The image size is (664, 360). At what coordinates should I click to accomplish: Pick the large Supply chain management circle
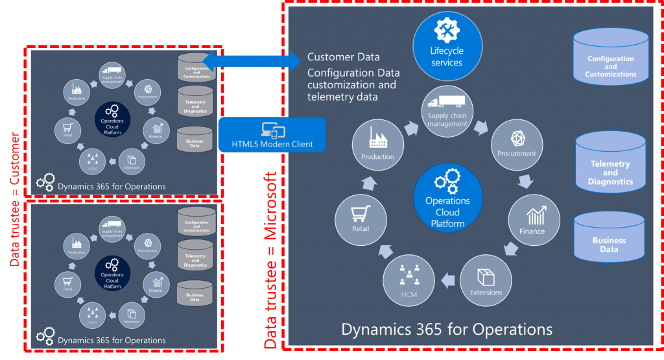(447, 110)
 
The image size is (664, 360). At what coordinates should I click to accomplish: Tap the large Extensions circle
(486, 280)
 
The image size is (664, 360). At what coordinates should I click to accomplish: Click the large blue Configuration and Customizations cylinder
(611, 61)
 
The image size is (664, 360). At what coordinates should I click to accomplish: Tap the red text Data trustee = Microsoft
(271, 259)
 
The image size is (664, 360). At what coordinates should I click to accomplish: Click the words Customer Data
(343, 57)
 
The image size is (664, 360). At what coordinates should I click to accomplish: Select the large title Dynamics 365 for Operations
(447, 329)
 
